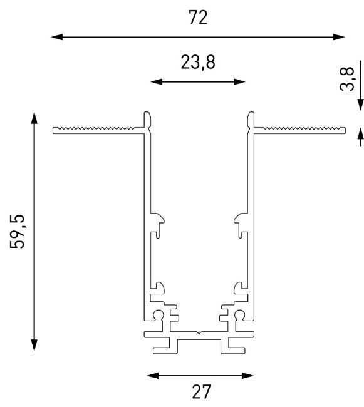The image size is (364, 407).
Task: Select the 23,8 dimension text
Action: [199, 63]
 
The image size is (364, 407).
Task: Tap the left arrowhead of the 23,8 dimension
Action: [157, 82]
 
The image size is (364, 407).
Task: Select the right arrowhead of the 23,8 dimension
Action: [241, 82]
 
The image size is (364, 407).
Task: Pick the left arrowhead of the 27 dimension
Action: [150, 376]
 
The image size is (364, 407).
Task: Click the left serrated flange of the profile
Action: [97, 130]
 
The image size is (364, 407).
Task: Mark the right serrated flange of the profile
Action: [301, 130]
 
